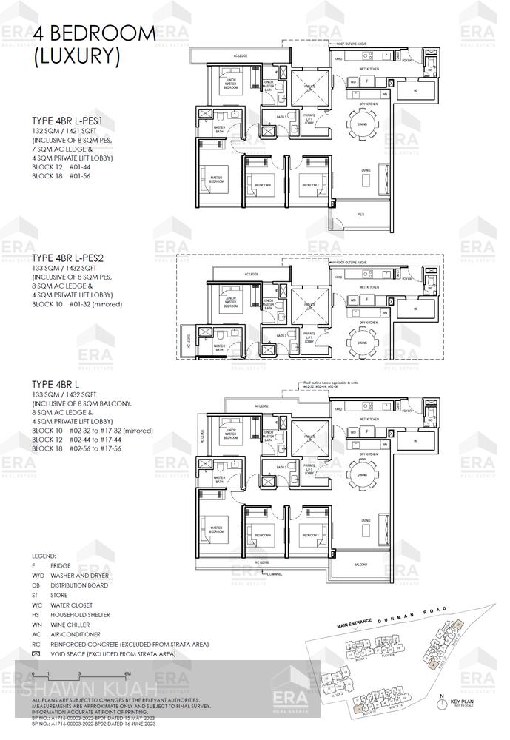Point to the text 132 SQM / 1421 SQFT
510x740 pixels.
point(65,130)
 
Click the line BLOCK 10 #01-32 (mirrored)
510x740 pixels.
point(77,304)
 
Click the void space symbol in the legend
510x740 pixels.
point(37,654)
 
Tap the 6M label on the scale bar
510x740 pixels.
point(127,673)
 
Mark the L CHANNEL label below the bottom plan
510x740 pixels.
point(275,574)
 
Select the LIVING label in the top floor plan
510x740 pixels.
point(366,171)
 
